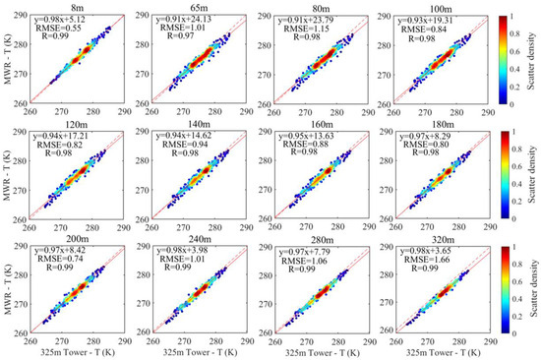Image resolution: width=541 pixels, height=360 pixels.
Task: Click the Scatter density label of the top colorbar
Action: coord(532,55)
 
